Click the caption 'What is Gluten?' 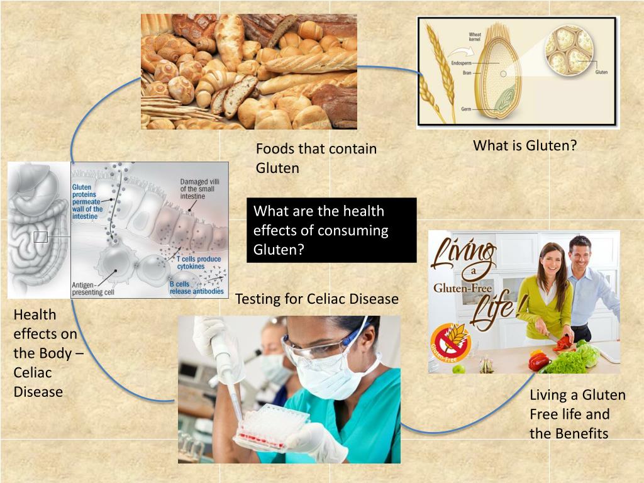525,146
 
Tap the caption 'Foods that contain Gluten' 316,158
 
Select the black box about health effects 331,230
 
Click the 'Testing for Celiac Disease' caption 316,299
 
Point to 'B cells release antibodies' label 196,287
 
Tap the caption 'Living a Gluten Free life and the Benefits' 577,414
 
